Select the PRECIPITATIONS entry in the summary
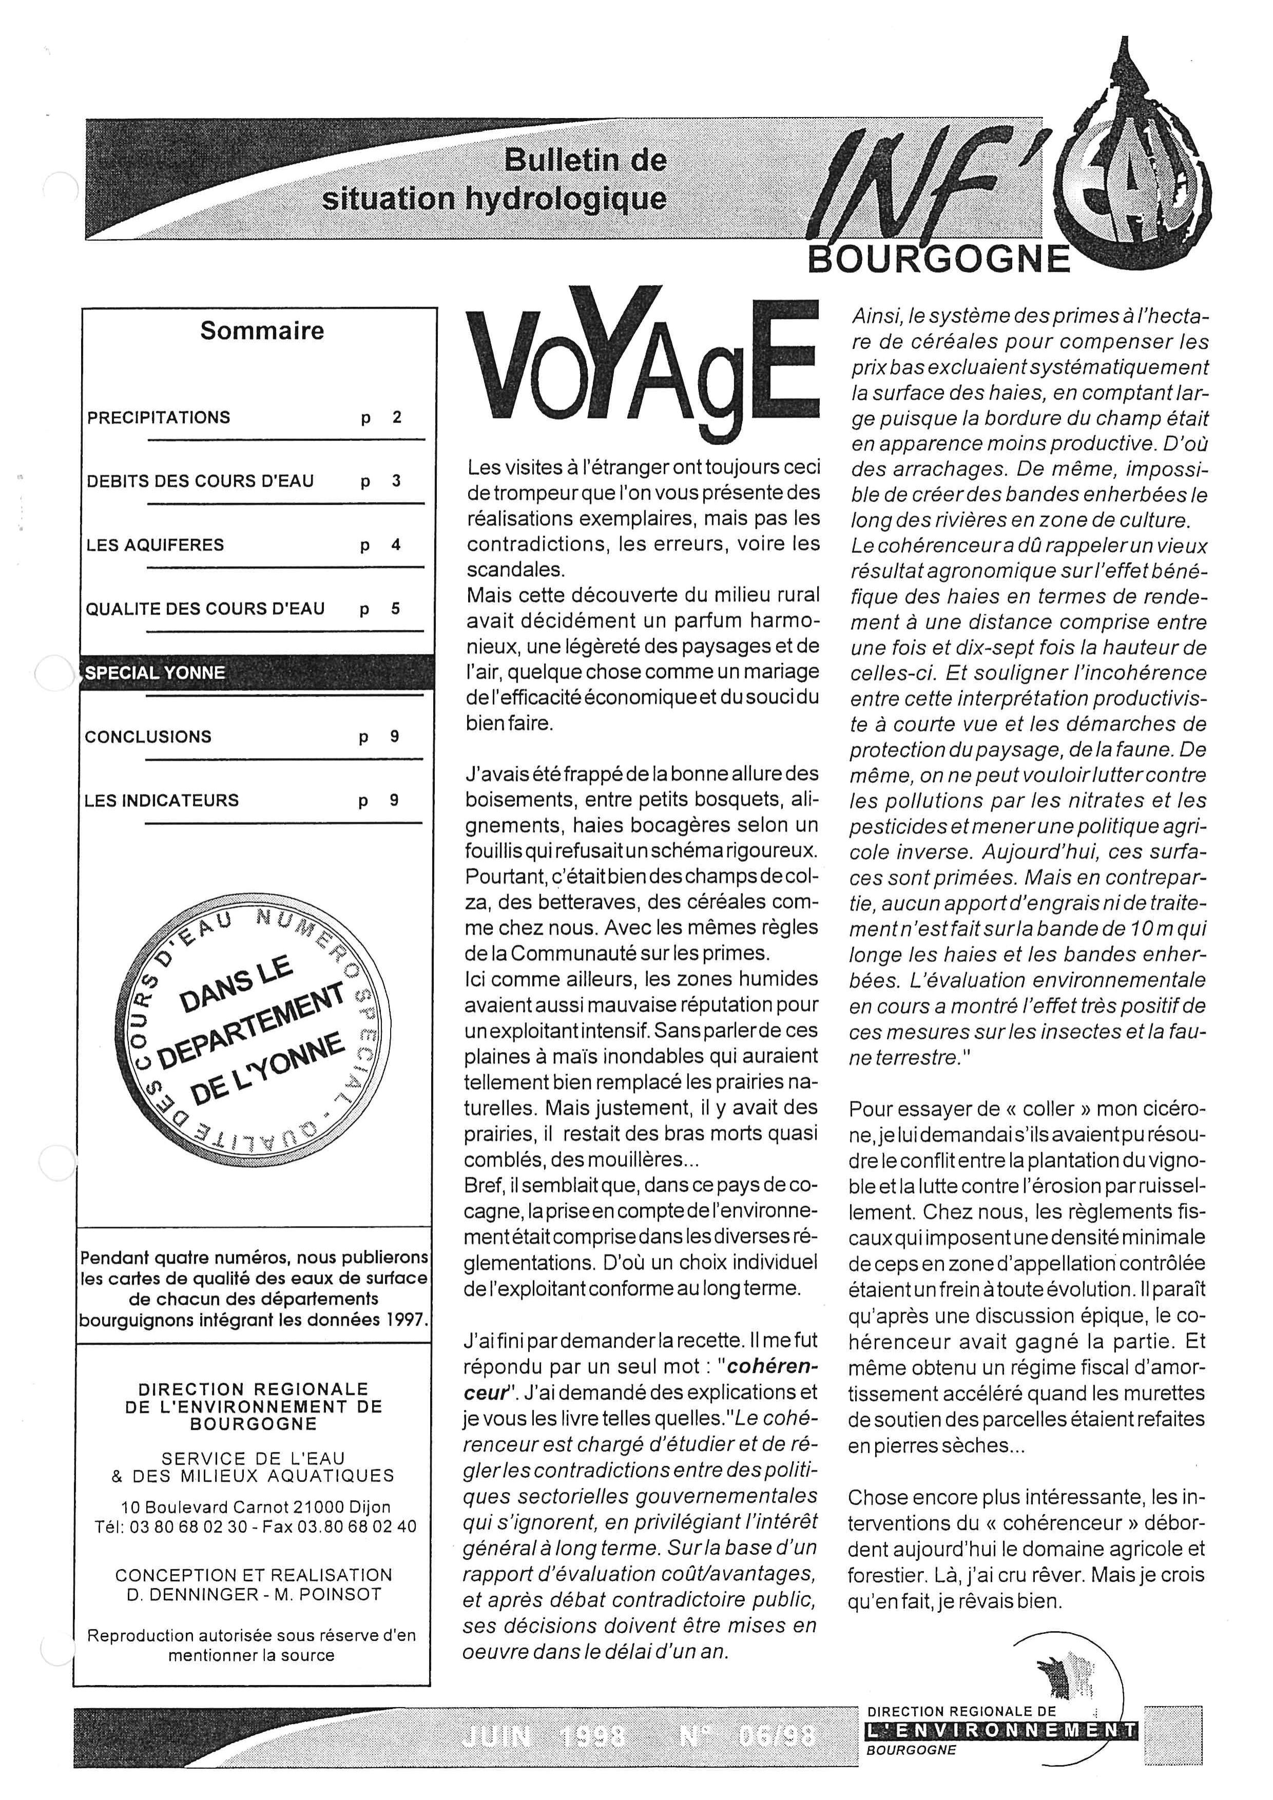tap(159, 418)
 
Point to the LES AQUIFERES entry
tap(155, 545)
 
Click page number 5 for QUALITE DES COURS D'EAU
tap(395, 608)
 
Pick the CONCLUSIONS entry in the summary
tap(148, 737)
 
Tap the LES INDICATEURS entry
tap(162, 801)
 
